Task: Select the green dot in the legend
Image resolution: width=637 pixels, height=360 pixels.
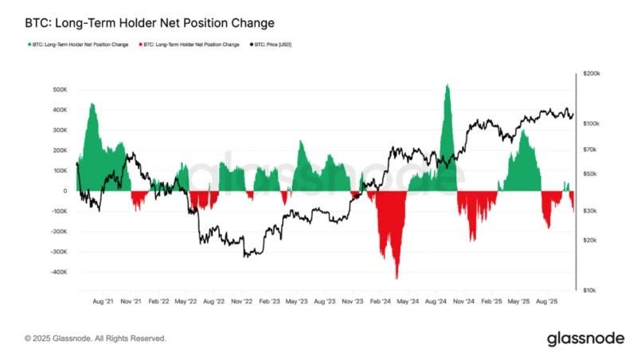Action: pos(28,45)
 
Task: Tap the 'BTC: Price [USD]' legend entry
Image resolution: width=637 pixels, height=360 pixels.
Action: pos(276,45)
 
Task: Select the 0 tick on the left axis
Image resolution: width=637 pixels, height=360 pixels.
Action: pos(64,191)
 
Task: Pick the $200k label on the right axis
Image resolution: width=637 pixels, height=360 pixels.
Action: pos(592,73)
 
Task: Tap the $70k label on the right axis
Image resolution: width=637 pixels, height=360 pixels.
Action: pos(590,149)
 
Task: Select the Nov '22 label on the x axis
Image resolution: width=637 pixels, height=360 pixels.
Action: pos(240,302)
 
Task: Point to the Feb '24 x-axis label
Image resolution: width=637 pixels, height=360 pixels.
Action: pos(380,302)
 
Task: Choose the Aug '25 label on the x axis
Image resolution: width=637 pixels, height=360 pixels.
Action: pos(546,302)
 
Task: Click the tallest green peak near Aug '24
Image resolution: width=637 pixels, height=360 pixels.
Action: pos(447,85)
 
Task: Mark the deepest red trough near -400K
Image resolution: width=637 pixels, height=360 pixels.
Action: pos(397,277)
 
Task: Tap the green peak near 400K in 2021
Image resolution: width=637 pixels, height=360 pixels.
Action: pos(92,104)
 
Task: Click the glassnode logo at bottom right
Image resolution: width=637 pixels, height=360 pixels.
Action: pos(585,339)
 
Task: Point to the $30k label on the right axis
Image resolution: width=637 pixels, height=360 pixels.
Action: pos(590,210)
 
